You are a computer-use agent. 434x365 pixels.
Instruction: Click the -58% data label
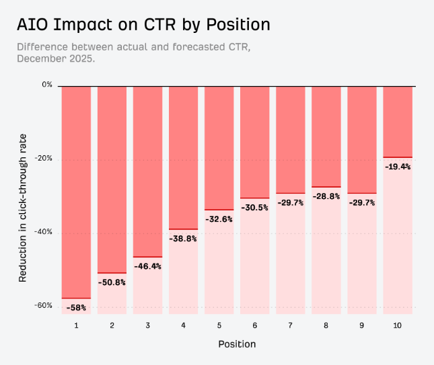(x=76, y=308)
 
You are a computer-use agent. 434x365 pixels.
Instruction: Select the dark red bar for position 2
(x=112, y=180)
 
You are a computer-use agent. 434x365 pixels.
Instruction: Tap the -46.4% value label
(x=147, y=266)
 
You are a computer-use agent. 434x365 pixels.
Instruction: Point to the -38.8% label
(x=183, y=239)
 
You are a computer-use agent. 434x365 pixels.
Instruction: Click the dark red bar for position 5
(x=219, y=149)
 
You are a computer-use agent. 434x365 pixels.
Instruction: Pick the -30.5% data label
(x=254, y=208)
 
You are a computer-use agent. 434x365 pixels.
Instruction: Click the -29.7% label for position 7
(x=291, y=203)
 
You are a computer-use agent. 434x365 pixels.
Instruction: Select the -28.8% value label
(x=326, y=196)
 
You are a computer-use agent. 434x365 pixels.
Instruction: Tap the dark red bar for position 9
(x=362, y=140)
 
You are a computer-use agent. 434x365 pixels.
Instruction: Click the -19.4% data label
(x=398, y=167)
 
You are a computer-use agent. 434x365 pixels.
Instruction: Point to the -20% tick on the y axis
(x=43, y=158)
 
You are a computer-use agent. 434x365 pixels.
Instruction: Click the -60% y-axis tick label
(x=43, y=305)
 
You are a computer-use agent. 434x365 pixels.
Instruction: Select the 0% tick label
(x=47, y=85)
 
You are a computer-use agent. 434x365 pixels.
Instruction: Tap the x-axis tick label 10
(x=397, y=325)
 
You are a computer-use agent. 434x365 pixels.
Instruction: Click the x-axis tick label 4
(x=183, y=325)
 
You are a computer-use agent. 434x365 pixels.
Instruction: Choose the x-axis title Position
(x=237, y=344)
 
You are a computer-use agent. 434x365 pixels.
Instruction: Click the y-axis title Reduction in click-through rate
(x=22, y=208)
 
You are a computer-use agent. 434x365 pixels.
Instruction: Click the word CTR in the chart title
(x=159, y=24)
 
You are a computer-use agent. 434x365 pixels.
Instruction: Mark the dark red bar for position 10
(x=398, y=122)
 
